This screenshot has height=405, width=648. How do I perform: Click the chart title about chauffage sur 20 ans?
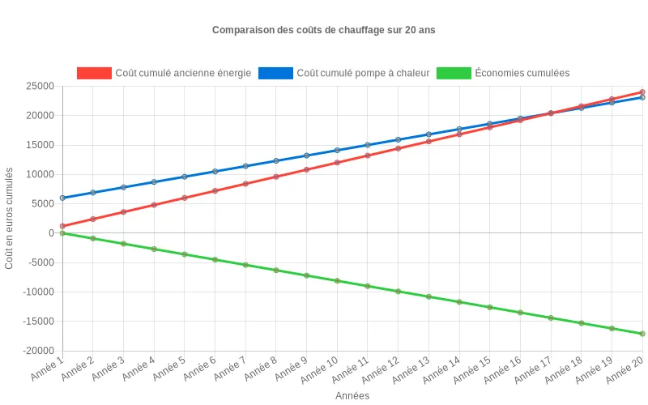(324, 30)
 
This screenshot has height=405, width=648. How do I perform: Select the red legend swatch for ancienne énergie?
(94, 73)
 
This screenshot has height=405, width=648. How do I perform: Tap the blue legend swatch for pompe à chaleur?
(275, 73)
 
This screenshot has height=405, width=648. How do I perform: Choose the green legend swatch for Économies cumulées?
(453, 73)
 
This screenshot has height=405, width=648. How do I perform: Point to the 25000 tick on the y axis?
(40, 86)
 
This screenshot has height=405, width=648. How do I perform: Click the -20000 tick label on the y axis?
(37, 351)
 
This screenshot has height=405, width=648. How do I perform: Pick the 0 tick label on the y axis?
(51, 233)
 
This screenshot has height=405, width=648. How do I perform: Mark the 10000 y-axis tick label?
(40, 174)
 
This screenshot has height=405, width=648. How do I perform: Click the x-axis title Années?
(352, 396)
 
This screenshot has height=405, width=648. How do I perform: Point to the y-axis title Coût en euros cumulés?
(10, 219)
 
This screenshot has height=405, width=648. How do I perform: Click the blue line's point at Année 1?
(62, 198)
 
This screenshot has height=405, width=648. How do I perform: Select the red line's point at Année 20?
(642, 92)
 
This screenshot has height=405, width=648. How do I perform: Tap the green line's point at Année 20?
(642, 334)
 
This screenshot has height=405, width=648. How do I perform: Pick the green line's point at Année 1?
(62, 233)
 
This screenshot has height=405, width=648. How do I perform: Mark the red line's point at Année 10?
(337, 163)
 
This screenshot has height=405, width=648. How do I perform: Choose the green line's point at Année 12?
(398, 292)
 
